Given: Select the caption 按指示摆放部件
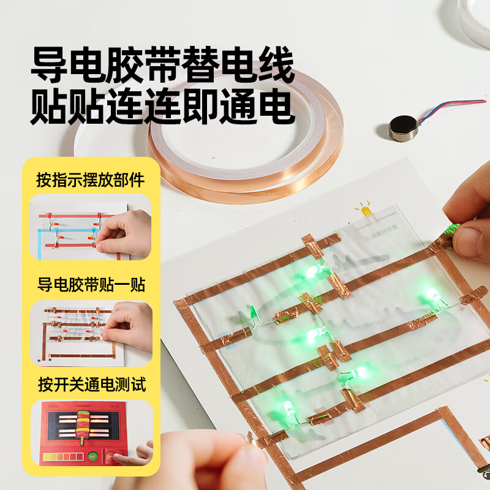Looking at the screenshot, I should tap(90, 180).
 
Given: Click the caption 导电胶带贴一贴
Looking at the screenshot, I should tap(90, 285).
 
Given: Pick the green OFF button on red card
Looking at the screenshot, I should tap(93, 455).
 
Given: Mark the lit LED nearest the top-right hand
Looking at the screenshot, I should tap(434, 295).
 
